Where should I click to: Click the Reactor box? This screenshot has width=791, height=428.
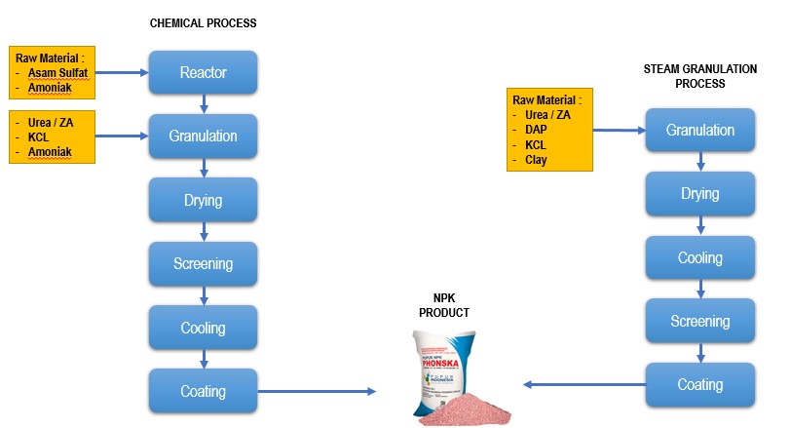click(x=203, y=72)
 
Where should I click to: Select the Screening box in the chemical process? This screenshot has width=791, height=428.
click(x=203, y=263)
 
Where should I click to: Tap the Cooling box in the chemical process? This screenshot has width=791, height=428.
click(x=203, y=328)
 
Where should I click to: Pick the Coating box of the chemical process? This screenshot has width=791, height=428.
click(x=203, y=391)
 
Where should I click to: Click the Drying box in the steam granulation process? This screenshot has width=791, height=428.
click(x=699, y=194)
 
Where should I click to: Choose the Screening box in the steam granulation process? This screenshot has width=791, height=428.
click(x=699, y=321)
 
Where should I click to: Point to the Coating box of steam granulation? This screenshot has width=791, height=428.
click(x=699, y=384)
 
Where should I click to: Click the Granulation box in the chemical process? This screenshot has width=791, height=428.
click(x=203, y=136)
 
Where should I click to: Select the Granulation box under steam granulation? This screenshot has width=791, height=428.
click(x=699, y=131)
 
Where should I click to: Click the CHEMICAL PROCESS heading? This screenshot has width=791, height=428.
click(x=204, y=22)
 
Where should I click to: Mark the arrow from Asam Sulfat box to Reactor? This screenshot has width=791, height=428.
click(x=122, y=72)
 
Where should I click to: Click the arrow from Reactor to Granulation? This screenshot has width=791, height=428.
click(x=203, y=103)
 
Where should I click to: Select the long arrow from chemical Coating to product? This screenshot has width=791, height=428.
click(x=317, y=391)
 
